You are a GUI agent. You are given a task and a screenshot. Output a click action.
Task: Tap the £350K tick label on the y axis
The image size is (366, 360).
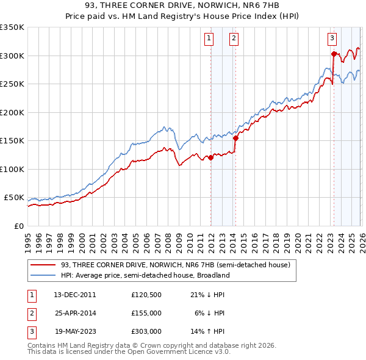tap(12, 27)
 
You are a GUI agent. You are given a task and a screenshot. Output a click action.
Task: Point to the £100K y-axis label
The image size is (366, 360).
tap(12, 169)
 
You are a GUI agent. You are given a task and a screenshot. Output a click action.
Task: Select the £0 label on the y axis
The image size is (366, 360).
tap(18, 226)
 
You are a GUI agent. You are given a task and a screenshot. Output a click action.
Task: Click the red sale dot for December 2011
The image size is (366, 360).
tap(210, 157)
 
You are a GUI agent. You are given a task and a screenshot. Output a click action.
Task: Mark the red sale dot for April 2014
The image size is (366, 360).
tap(235, 138)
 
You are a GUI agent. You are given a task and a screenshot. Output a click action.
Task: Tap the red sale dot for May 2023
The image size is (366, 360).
tap(334, 54)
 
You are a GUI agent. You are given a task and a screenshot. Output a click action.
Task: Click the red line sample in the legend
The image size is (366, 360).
tap(44, 265)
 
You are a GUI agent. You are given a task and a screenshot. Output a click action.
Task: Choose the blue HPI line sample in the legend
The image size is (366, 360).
tap(44, 275)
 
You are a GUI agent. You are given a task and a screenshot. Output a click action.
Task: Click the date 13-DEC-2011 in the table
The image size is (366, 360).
tap(76, 294)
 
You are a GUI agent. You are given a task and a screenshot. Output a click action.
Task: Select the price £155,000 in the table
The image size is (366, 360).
tap(146, 312)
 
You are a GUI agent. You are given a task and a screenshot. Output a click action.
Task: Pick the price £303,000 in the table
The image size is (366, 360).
tap(146, 331)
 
